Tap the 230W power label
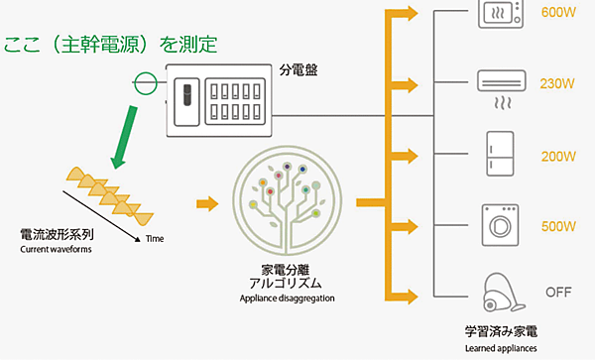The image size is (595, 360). tap(558, 83)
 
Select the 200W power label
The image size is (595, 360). tap(558, 157)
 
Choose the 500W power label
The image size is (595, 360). tap(558, 226)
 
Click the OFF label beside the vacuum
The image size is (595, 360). tap(558, 293)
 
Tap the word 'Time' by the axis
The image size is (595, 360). tap(154, 239)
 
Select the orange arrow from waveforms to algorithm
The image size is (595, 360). tap(207, 204)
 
